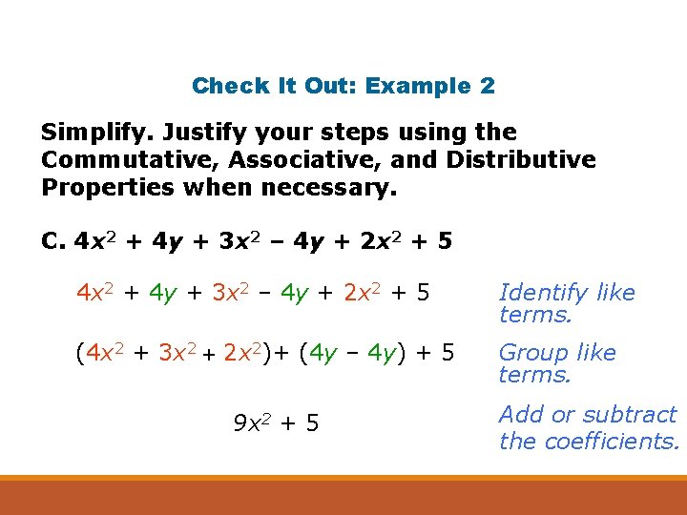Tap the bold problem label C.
(53, 241)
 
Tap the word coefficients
(615, 441)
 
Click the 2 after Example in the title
(488, 86)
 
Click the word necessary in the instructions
(324, 186)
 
